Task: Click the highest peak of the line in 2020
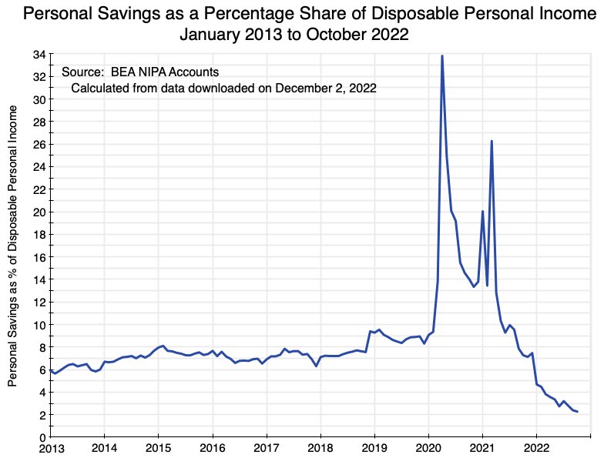click(441, 56)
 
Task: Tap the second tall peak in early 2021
click(492, 142)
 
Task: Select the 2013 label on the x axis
click(51, 448)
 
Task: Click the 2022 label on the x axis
click(536, 448)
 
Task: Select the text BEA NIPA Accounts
click(159, 72)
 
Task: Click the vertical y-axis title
click(13, 246)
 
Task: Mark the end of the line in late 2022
click(577, 412)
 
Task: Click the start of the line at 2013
click(51, 370)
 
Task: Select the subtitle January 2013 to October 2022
click(294, 35)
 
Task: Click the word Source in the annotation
click(81, 72)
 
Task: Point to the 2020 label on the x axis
click(428, 448)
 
